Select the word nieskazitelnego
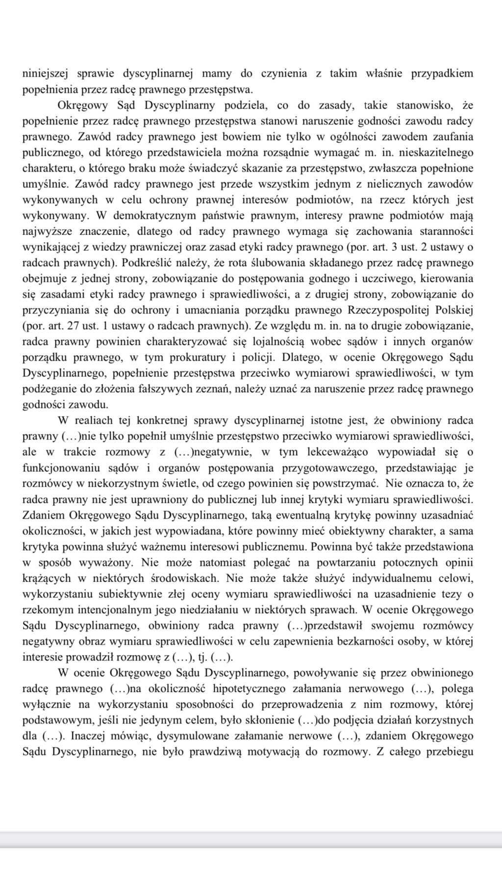pos(437,152)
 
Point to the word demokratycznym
pos(172,216)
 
